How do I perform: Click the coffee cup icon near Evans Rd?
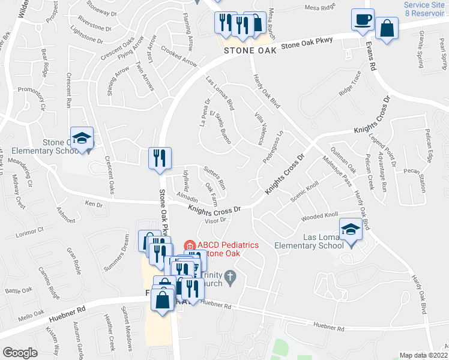(363, 19)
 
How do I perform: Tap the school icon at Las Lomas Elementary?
(351, 229)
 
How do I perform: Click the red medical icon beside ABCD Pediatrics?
(188, 245)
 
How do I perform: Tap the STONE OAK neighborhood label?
(250, 51)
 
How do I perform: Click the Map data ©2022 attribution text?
(424, 355)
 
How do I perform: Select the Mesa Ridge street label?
(319, 8)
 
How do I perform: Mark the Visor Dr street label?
(214, 221)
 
